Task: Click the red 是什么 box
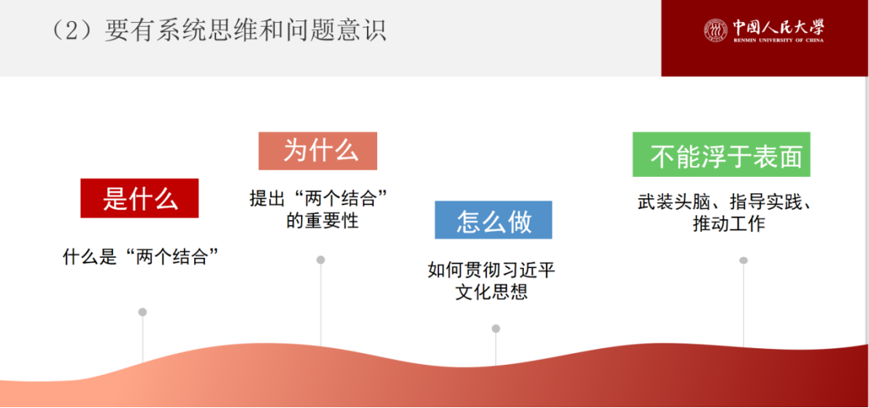(140, 198)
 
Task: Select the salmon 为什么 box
(317, 151)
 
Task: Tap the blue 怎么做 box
(493, 220)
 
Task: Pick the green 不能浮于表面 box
(721, 154)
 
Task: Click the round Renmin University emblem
(716, 30)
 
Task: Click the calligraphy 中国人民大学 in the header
(778, 26)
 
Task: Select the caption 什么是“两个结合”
(140, 258)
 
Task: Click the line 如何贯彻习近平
(492, 270)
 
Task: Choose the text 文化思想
(492, 292)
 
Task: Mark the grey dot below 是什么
(142, 312)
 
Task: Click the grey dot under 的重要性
(321, 259)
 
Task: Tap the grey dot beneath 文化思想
(496, 329)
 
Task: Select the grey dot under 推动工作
(744, 260)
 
